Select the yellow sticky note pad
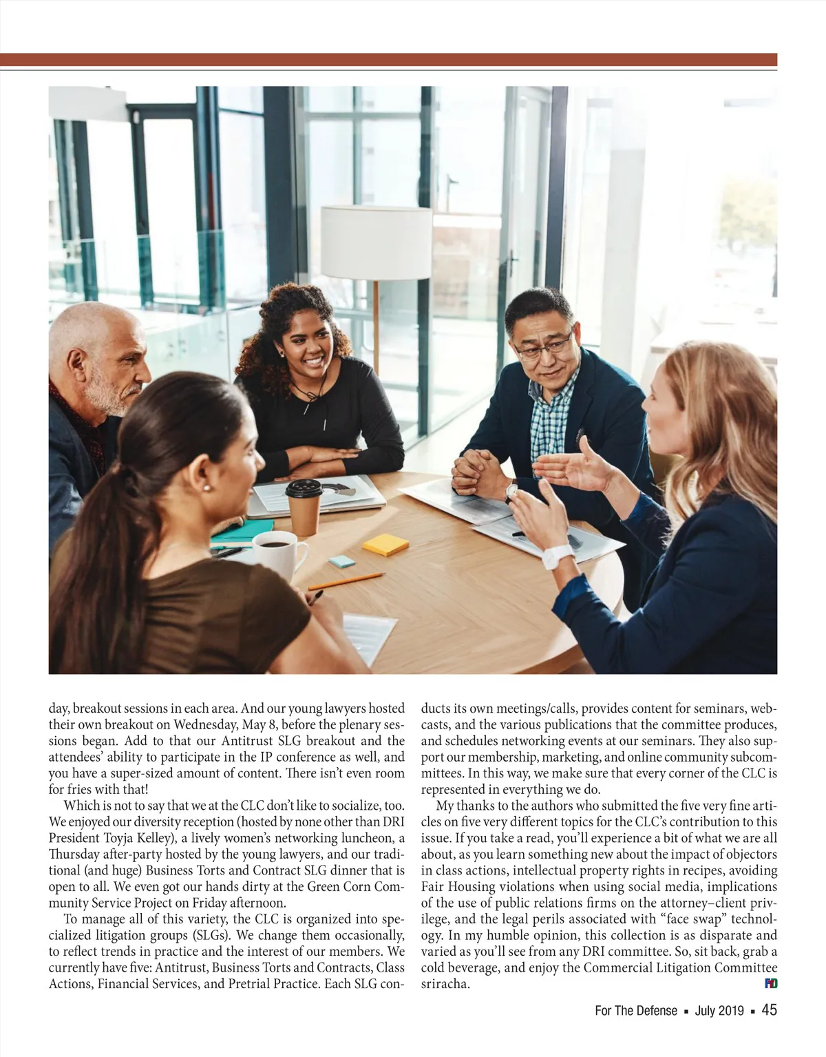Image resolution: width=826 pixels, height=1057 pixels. coord(385,544)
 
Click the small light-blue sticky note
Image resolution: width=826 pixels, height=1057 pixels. coord(342,561)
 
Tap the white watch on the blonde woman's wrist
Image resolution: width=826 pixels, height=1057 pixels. coord(558,557)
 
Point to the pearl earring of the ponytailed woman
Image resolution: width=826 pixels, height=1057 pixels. coord(206,488)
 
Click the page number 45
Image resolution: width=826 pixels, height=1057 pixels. coord(770,1010)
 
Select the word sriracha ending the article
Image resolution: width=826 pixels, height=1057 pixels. coord(445,984)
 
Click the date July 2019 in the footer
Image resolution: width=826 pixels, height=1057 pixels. coord(719,1011)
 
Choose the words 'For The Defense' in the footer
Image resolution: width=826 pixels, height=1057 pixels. coord(636,1011)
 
